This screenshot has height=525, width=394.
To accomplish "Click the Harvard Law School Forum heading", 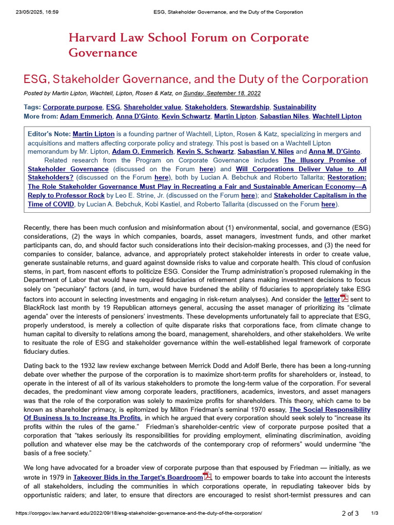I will (188, 45).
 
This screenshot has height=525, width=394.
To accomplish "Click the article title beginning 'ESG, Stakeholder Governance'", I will (196, 79).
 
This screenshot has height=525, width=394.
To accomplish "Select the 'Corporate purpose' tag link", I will (72, 107).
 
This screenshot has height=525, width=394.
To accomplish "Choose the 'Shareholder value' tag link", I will (152, 107).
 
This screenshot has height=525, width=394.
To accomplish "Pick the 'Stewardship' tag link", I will (249, 107).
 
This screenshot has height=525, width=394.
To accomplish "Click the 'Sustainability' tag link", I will (294, 107).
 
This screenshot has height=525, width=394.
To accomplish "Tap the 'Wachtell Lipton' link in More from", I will (337, 116).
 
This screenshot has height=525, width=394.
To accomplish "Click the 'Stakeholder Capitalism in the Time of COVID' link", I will (320, 195).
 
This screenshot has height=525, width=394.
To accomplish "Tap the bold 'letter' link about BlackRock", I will (331, 299).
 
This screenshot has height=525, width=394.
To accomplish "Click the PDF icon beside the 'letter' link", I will (344, 298).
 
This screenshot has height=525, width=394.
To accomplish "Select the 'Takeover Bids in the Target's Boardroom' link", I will (138, 477).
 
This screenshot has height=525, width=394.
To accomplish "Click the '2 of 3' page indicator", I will (350, 513).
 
